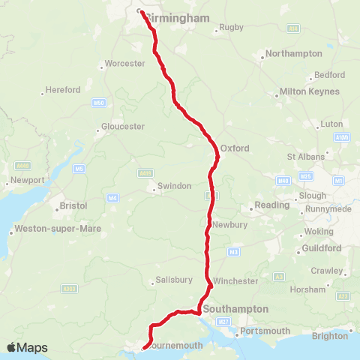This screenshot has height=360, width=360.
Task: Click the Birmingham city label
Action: coord(177,17)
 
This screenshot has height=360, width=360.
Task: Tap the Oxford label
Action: coord(235,148)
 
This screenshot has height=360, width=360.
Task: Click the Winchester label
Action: coord(235,281)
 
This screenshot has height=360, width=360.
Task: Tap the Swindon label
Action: coord(174,186)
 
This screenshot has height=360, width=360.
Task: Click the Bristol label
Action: coord(74,205)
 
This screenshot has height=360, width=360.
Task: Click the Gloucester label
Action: coord(124,127)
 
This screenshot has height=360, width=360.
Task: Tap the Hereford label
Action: coord(63,90)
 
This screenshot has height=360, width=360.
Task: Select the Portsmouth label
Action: coord(265,331)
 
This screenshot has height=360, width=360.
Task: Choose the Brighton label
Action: coord(330,336)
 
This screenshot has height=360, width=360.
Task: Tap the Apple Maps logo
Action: coord(27,347)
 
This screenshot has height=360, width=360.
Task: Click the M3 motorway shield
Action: coord(233,251)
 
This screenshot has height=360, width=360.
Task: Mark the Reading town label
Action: coord(271,205)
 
